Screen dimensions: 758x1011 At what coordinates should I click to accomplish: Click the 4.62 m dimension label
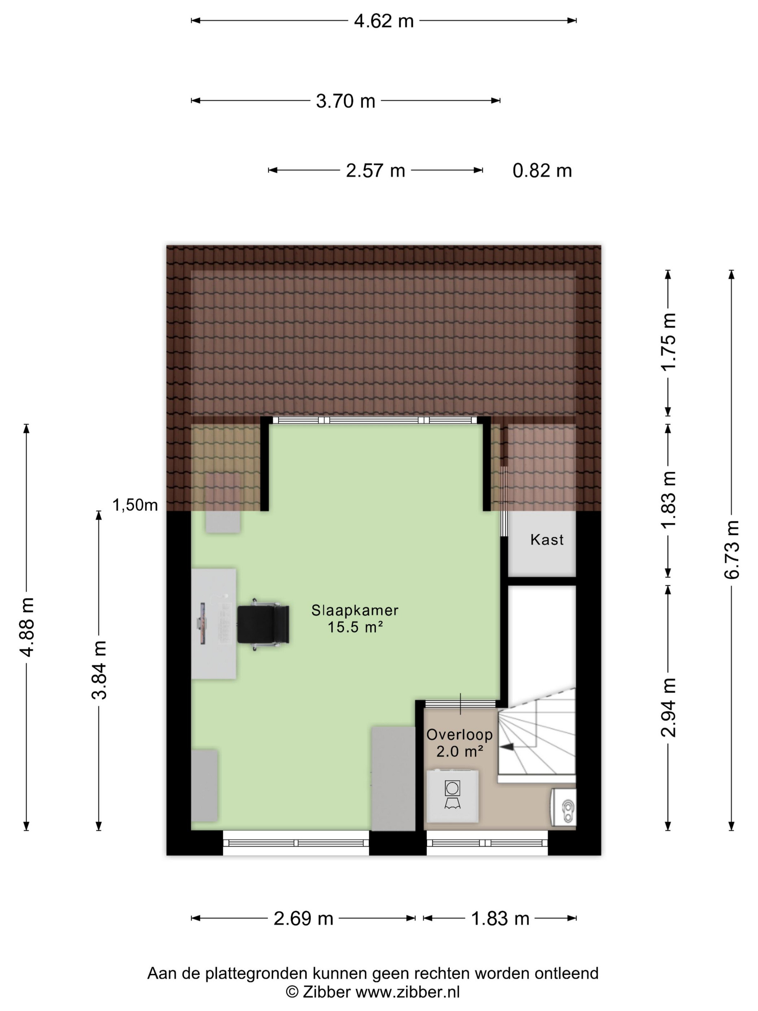[383, 21]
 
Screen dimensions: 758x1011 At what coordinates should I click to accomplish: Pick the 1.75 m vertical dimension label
[668, 342]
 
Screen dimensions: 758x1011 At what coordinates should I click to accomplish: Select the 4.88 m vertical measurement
[26, 626]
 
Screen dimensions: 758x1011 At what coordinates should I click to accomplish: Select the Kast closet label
[546, 539]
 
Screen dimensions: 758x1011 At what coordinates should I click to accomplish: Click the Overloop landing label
[459, 734]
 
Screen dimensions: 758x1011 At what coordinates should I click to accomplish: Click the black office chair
[263, 624]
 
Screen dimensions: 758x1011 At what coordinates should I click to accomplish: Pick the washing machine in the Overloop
[452, 796]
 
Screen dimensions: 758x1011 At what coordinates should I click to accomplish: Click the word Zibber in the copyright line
[326, 992]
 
